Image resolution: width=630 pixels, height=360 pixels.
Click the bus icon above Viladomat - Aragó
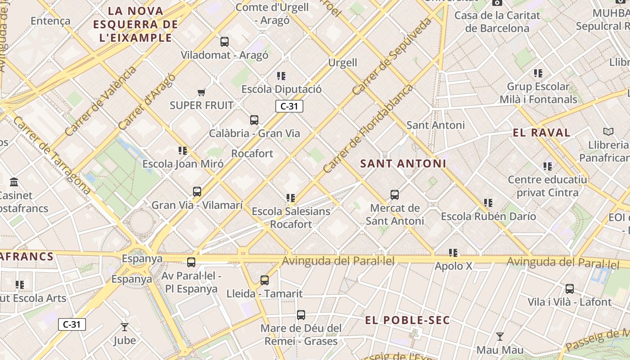224,42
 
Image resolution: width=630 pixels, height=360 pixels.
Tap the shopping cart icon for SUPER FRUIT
201,92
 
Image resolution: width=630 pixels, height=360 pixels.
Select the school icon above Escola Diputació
281,76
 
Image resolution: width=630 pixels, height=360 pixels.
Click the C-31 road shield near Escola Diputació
289,106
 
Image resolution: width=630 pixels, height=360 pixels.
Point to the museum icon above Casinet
14,182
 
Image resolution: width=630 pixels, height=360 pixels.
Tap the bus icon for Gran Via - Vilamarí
197,192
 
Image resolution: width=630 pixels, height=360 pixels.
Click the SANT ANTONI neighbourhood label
403,164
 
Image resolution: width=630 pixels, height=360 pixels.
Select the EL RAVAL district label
541,133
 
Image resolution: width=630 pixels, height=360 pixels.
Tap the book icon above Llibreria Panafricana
608,131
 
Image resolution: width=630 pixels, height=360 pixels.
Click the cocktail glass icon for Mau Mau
499,337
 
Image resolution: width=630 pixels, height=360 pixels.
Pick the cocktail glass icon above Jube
125,327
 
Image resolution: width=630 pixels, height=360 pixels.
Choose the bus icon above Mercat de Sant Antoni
394,195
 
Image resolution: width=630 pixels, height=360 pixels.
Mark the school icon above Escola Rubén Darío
488,203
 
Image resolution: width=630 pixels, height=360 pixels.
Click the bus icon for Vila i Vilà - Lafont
569,289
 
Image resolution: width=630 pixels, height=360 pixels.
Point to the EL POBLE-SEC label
407,320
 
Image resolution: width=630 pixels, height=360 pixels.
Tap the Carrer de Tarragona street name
52,155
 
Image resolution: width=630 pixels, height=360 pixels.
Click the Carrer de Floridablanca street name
368,129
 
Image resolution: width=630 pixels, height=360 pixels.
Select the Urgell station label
342,63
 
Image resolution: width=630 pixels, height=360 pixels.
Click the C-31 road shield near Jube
72,324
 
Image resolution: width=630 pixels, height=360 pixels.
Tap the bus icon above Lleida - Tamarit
264,280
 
